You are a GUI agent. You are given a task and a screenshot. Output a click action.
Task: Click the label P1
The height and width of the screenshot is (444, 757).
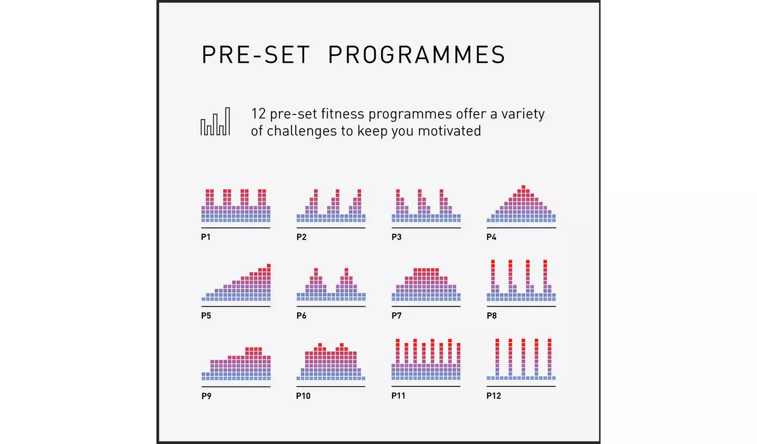[x=206, y=237]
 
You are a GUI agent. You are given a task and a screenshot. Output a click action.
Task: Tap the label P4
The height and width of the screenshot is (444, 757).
[x=492, y=237]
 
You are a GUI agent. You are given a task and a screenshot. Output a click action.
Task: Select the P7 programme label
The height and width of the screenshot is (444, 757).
[x=397, y=316]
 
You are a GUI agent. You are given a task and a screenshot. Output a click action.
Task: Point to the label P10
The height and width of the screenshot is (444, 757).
[x=303, y=396]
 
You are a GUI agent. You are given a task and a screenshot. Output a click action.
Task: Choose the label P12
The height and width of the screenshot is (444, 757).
[x=494, y=396]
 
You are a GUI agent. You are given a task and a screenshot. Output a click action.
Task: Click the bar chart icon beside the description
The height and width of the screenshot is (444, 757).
[x=215, y=122]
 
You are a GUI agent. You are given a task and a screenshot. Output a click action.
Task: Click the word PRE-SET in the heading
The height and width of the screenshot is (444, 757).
[x=255, y=55]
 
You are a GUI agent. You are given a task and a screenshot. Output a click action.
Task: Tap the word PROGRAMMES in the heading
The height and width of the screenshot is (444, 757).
[x=416, y=55]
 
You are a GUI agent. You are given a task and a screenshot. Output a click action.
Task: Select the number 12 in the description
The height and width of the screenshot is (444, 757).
[x=258, y=114]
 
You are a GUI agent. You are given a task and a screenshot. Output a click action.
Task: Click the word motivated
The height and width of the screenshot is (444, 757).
[x=449, y=131]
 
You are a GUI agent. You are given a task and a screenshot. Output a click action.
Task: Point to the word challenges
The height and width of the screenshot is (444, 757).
[x=301, y=131]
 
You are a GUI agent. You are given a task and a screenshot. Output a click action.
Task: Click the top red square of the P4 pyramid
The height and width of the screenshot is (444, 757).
[x=523, y=187]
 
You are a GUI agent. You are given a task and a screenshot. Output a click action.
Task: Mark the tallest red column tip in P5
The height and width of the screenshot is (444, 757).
[x=268, y=266]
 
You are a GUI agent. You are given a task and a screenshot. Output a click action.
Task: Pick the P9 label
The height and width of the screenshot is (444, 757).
[x=206, y=396]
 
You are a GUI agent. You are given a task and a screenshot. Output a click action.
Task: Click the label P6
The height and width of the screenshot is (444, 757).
[x=301, y=316]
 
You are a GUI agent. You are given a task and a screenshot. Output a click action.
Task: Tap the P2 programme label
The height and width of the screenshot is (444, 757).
[x=301, y=237]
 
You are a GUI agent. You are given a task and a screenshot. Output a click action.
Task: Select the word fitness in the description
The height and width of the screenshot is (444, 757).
[x=341, y=114]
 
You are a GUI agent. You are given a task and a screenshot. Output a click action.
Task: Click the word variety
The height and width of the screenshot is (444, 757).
[x=523, y=114]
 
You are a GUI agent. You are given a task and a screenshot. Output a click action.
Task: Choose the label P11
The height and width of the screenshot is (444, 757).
[x=398, y=396]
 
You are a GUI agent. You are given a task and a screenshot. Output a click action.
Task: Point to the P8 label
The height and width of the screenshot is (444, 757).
[x=492, y=316]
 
